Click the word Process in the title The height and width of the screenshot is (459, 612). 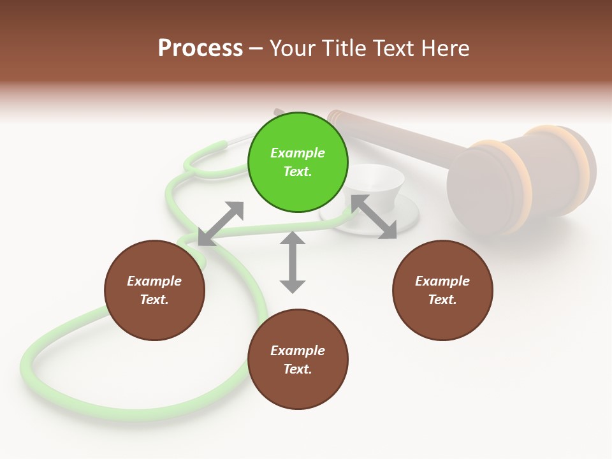[x=200, y=48]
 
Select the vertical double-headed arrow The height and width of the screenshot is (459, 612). [x=293, y=262]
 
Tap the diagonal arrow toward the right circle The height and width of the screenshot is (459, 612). [x=373, y=217]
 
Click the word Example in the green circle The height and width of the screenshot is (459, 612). [x=298, y=153]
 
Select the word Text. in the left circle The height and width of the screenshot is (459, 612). [x=154, y=300]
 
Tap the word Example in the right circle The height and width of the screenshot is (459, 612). [x=442, y=281]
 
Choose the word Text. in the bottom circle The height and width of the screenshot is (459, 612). [x=298, y=369]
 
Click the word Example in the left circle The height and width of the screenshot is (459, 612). [x=154, y=281]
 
